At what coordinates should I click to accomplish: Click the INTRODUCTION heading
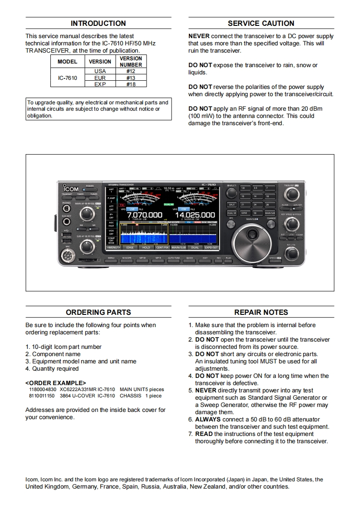click(x=98, y=23)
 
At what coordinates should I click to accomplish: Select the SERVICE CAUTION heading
click(x=261, y=23)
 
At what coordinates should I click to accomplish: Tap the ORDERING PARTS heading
click(x=98, y=312)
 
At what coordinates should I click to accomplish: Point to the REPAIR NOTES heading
click(x=261, y=312)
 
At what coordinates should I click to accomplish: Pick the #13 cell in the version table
click(x=131, y=78)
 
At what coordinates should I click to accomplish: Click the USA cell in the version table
click(x=100, y=71)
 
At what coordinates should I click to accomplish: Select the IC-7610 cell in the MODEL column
click(x=68, y=78)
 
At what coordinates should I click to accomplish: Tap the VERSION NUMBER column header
click(x=131, y=61)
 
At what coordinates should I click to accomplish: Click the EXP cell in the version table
click(x=100, y=84)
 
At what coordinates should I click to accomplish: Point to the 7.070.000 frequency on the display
click(x=144, y=215)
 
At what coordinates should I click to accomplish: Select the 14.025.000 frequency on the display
click(x=195, y=215)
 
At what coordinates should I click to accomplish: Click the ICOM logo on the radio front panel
click(x=71, y=189)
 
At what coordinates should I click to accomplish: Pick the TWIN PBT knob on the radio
click(x=291, y=194)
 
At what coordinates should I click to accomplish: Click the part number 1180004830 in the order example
click(x=43, y=389)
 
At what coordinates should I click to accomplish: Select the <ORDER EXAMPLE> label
click(x=55, y=383)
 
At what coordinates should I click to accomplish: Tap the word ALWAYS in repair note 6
click(x=208, y=419)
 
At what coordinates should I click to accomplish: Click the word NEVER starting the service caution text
click(x=198, y=36)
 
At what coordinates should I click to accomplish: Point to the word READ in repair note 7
click(x=204, y=434)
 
